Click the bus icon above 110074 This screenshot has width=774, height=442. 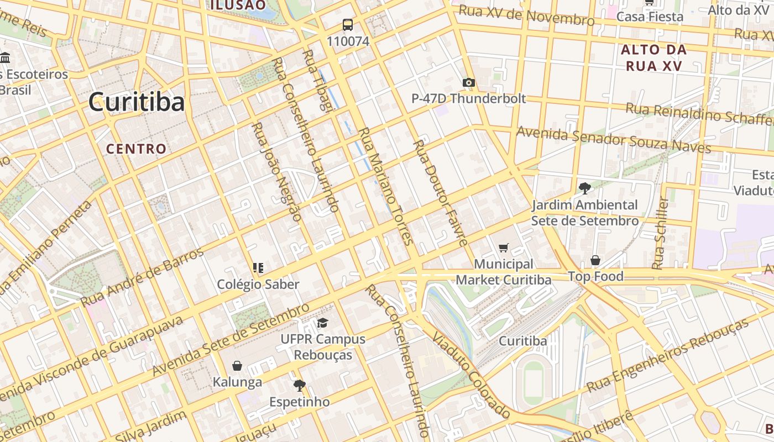347,25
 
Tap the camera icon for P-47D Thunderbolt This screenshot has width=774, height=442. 468,83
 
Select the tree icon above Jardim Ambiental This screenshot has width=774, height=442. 584,188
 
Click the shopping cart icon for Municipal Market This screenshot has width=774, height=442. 503,248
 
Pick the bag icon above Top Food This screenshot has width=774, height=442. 595,260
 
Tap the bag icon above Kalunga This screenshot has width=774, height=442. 237,366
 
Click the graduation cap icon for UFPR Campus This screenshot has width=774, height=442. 323,323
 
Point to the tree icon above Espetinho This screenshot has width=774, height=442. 299,385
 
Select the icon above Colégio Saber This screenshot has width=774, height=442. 258,268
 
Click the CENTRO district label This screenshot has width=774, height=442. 136,149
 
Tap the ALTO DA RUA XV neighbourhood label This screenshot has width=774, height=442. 653,57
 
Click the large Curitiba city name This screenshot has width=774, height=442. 136,102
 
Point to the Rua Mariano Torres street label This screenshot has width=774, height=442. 386,186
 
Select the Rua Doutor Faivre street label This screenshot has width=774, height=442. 441,192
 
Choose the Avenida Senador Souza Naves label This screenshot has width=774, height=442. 613,139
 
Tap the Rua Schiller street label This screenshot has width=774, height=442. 660,233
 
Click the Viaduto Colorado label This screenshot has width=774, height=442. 471,375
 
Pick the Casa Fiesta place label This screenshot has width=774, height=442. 650,17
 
